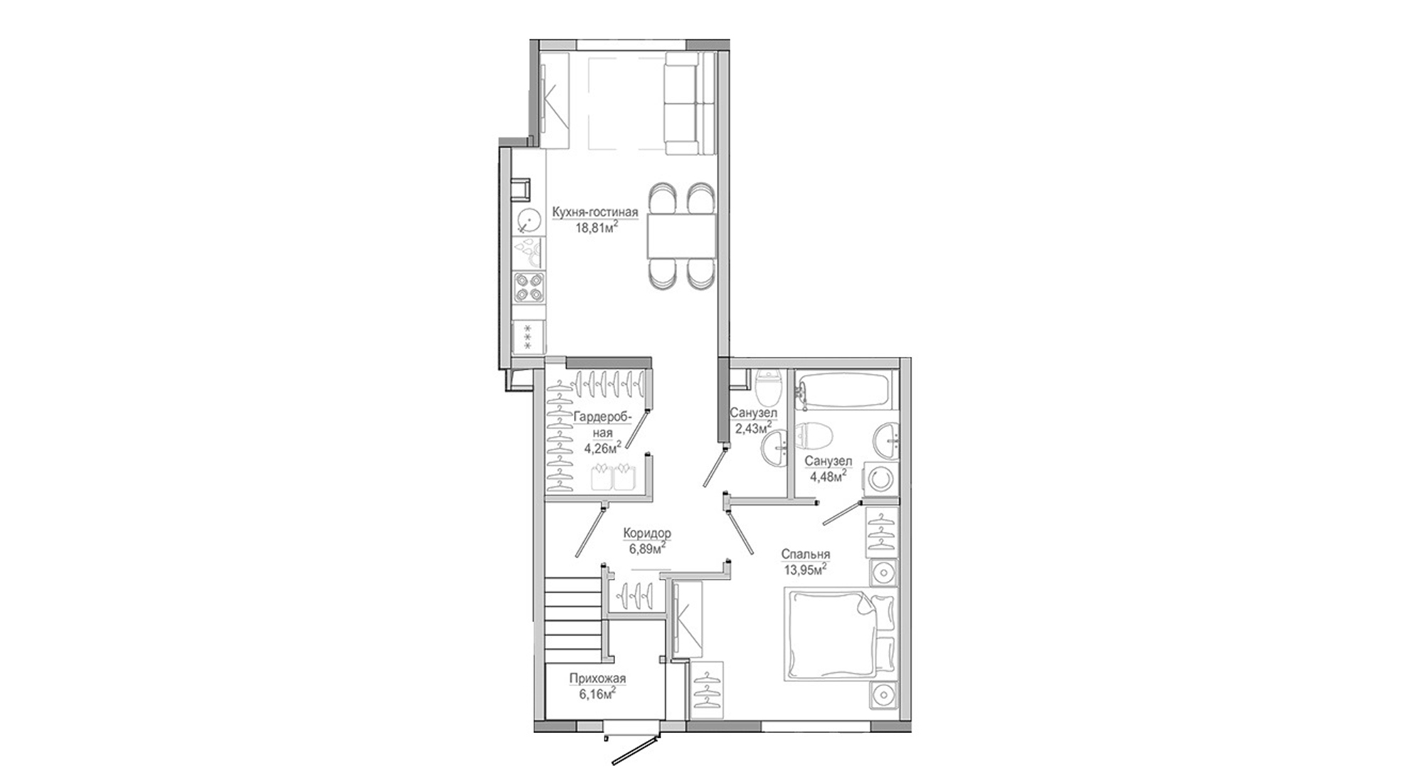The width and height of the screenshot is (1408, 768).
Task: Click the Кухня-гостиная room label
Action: [x=596, y=212]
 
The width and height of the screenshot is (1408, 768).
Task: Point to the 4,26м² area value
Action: [x=603, y=447]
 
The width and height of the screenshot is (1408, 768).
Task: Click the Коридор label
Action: [x=647, y=533]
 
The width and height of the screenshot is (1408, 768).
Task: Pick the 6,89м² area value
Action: [x=647, y=549]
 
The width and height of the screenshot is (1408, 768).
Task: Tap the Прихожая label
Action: [x=597, y=678]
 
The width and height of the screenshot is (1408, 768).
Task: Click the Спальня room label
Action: [x=806, y=555]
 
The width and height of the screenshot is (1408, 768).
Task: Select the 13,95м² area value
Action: [x=806, y=570]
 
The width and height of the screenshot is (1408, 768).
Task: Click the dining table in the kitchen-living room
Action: [x=681, y=236]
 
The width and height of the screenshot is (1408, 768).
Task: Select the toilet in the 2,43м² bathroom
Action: [x=769, y=386]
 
